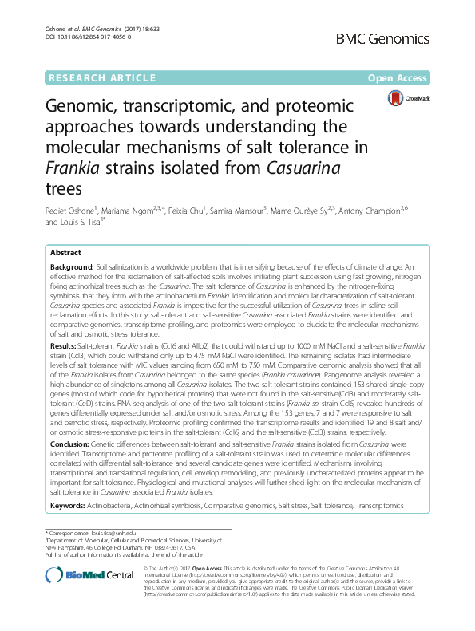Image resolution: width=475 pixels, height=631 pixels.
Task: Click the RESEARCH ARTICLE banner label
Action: click(x=101, y=77)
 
